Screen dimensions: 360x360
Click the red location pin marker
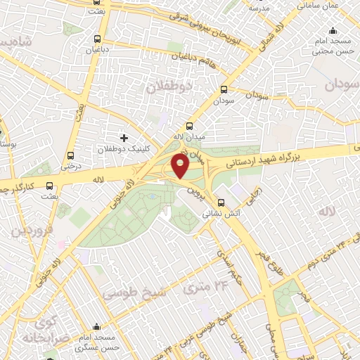(180, 166)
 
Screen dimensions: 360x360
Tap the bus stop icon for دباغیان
(97, 39)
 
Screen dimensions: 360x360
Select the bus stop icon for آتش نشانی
(222, 200)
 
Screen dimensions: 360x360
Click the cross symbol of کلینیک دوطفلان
(124, 138)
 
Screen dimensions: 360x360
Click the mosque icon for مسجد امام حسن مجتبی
(333, 32)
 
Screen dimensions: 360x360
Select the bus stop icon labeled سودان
(224, 90)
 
